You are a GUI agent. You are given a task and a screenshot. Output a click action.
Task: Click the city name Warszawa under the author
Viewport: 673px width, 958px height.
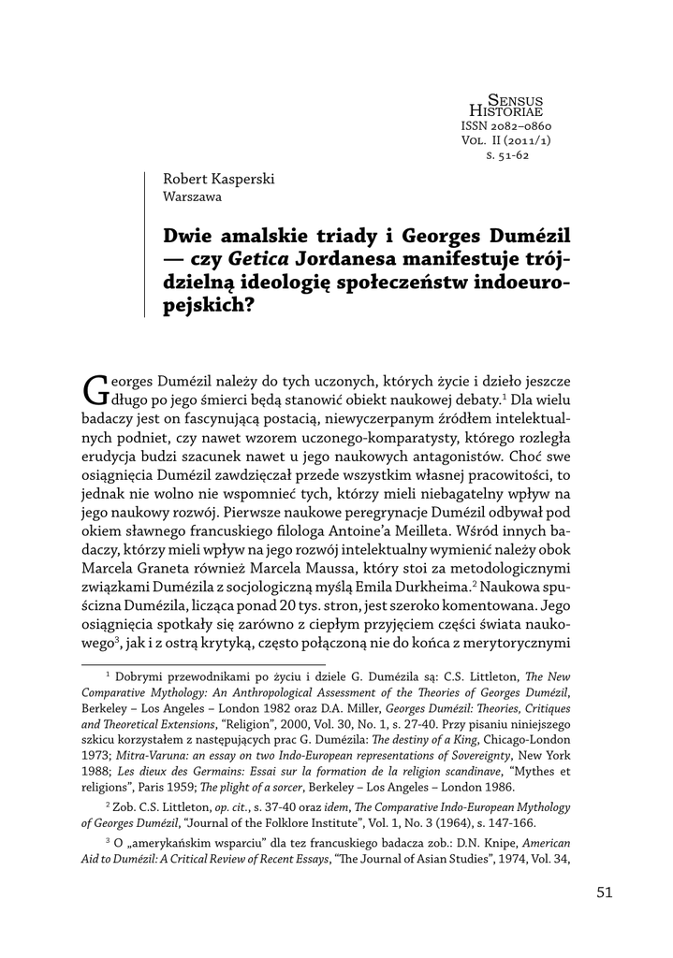click(x=193, y=196)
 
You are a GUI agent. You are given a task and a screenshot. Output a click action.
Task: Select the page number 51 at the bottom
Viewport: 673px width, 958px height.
click(x=604, y=892)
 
